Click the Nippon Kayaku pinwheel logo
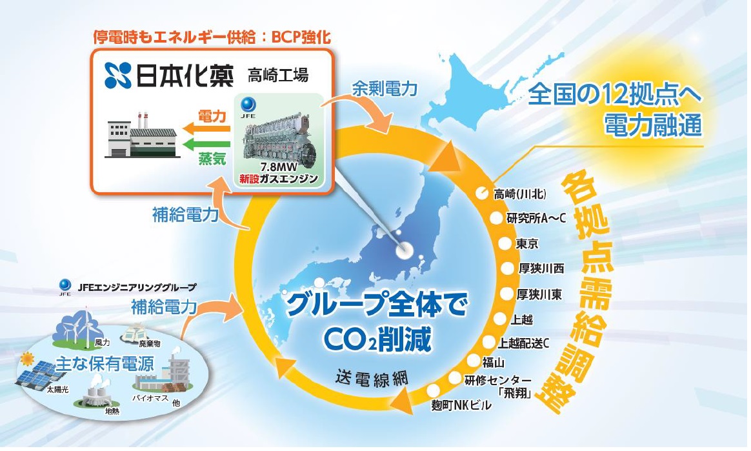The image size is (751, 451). coord(118,75)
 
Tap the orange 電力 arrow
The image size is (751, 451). coord(206,128)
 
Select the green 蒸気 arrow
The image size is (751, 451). coord(206,144)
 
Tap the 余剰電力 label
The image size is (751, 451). coord(385,88)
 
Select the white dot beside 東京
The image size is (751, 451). coord(505,243)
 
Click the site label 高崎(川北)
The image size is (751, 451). coord(519,194)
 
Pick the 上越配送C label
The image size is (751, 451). coord(523,343)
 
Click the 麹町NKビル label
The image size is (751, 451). coord(461,405)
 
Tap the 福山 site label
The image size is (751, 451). coord(493,362)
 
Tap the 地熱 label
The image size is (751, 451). coord(112,411)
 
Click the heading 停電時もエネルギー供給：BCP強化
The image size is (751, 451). coord(212,37)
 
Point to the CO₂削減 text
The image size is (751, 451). coord(378,339)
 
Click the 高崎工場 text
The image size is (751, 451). coord(278,75)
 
